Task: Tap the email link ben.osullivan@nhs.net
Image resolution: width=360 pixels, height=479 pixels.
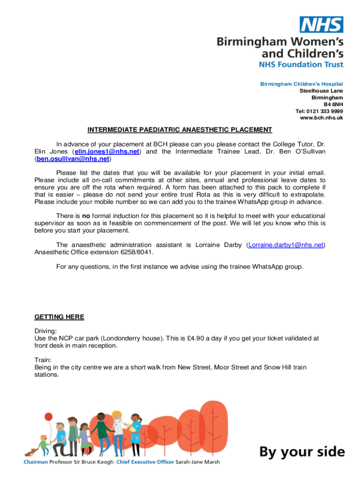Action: tap(72, 159)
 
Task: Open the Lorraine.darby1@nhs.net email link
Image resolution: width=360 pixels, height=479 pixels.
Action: tap(286, 245)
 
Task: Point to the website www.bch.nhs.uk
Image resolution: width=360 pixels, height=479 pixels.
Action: tap(321, 118)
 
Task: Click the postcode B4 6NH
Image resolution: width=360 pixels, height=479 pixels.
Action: tap(333, 104)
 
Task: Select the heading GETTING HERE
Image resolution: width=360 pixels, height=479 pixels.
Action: tap(59, 317)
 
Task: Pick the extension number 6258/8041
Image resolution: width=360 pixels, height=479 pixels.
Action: tap(134, 252)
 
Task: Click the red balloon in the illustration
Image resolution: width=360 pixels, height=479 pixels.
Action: tap(48, 416)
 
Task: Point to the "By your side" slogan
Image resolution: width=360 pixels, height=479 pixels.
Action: tap(302, 452)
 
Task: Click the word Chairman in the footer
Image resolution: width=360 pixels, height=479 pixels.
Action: tap(36, 462)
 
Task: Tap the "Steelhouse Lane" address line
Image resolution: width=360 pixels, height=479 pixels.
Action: tap(321, 90)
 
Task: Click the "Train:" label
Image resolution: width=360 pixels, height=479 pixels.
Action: tap(43, 360)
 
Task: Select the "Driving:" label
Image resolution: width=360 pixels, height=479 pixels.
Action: tap(46, 330)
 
